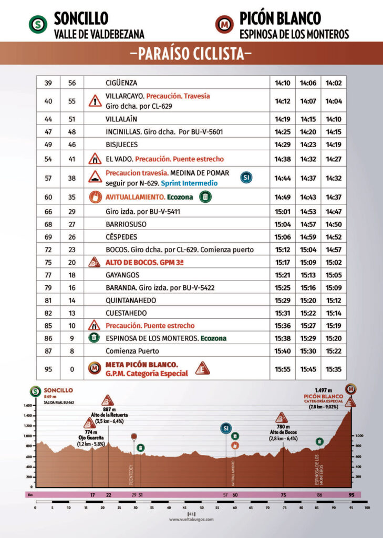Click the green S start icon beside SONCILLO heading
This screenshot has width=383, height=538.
(37, 24)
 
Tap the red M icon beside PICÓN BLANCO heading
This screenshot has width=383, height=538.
(224, 24)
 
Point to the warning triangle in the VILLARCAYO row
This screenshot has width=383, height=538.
(95, 101)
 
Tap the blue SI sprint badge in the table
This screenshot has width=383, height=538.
(246, 178)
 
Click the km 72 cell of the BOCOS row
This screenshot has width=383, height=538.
(48, 249)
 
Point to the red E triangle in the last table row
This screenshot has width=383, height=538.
(202, 369)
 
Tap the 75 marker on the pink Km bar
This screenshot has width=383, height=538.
(283, 495)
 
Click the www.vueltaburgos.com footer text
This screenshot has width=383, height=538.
(191, 520)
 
